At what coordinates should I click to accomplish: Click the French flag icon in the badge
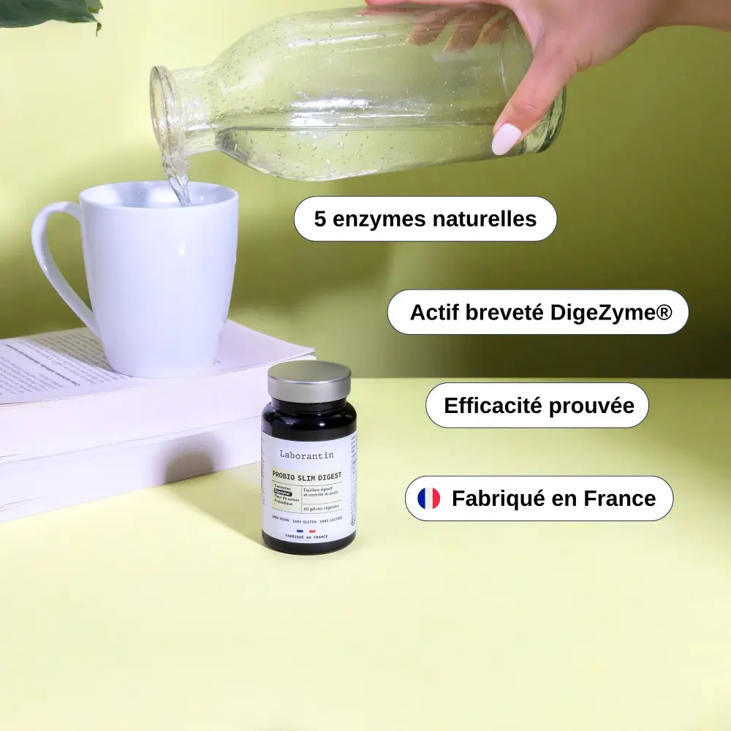click(428, 499)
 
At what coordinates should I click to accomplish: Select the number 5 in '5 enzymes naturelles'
click(320, 219)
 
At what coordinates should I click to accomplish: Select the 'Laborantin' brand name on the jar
click(306, 455)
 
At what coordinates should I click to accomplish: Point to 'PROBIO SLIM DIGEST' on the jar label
click(306, 476)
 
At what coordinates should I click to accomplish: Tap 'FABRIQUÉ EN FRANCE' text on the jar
click(306, 537)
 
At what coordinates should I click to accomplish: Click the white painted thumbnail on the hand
click(506, 139)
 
